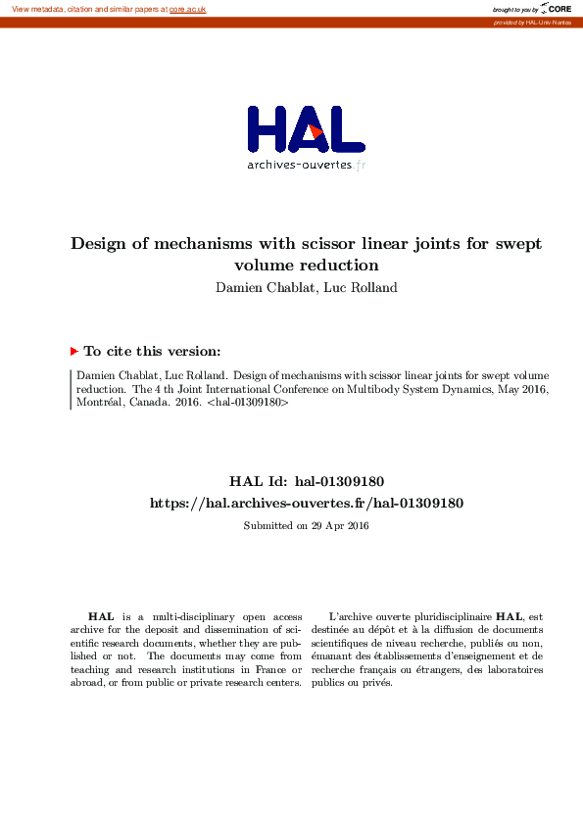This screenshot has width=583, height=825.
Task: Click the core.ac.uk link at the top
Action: (x=187, y=9)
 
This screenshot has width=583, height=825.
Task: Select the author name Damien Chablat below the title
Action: (x=259, y=287)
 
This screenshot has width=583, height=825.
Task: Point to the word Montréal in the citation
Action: (x=99, y=402)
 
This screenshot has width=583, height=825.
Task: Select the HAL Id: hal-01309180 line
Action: (x=306, y=481)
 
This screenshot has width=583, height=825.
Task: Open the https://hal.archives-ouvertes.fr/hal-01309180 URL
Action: (x=306, y=503)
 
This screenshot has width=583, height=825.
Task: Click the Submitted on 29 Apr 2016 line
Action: (x=306, y=526)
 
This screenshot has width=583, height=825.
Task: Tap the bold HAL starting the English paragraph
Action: (x=99, y=616)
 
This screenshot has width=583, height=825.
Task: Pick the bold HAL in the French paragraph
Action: (x=510, y=616)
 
